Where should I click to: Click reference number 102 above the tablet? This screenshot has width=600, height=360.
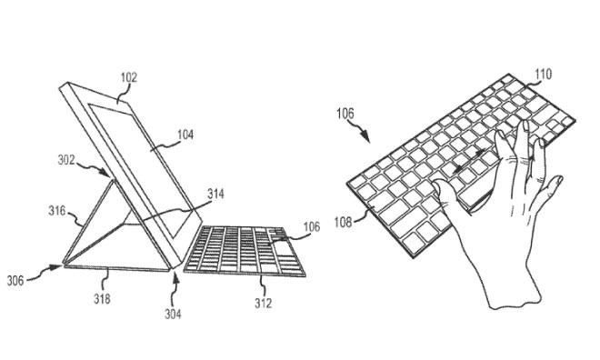(127, 78)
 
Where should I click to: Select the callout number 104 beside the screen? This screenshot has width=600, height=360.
(185, 134)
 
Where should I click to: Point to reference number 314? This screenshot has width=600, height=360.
(215, 194)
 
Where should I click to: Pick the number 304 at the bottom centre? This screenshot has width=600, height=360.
(173, 315)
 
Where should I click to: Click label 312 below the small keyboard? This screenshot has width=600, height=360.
(263, 304)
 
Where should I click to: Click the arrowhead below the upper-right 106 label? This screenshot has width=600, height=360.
(366, 140)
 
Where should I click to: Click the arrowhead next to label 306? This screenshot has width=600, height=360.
(55, 266)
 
